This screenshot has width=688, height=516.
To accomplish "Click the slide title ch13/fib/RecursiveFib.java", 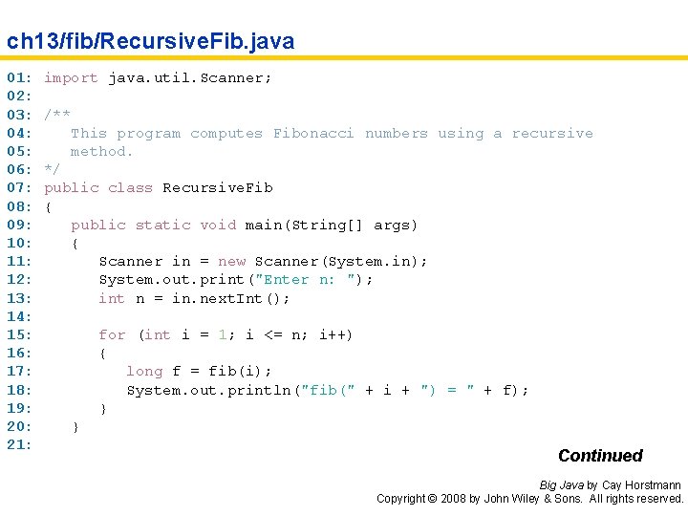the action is click(x=151, y=42).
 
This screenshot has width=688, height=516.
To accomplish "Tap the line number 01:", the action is click(x=19, y=77).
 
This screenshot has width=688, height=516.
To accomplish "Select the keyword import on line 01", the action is click(x=71, y=78).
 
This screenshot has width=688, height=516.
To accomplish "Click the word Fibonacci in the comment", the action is click(x=313, y=133).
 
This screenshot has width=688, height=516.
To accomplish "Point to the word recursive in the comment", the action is click(x=552, y=133).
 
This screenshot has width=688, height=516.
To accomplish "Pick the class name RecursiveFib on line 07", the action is click(x=218, y=188).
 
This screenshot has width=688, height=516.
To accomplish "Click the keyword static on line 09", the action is click(x=162, y=225).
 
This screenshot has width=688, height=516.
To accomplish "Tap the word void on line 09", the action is click(x=218, y=225).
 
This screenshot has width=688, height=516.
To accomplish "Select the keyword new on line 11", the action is click(x=231, y=262).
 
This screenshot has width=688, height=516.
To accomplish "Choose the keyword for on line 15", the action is click(x=113, y=334).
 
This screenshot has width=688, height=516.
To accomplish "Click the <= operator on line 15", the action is click(x=273, y=335).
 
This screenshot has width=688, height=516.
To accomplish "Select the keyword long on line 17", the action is click(x=144, y=371).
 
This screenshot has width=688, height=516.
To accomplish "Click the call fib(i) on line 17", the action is click(x=235, y=371).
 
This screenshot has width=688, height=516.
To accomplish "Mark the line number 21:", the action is click(x=19, y=444).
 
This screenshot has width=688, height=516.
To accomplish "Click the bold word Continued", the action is click(x=600, y=456).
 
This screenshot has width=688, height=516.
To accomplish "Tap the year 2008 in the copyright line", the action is click(x=453, y=499).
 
